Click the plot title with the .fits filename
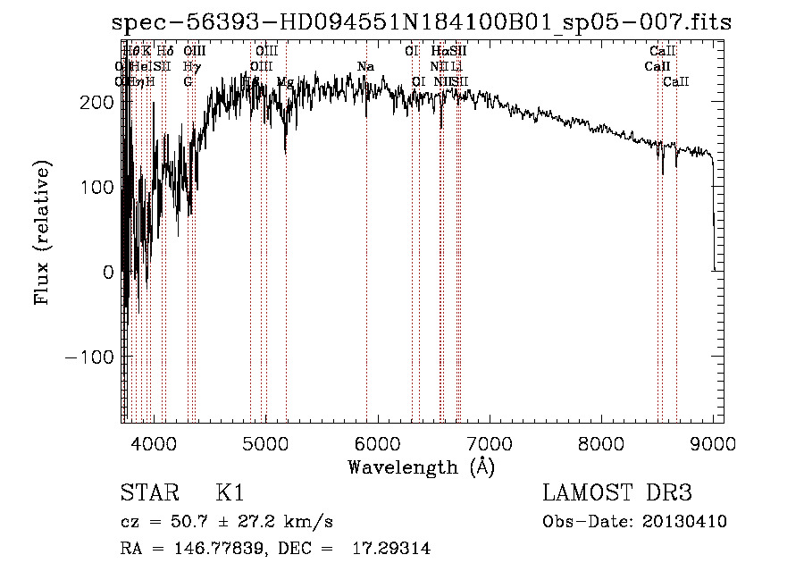coord(422,22)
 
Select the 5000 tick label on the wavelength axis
coord(265,443)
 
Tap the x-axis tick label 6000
coord(377,443)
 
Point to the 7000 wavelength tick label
coord(490,443)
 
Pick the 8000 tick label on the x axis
coord(601,443)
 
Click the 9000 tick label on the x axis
coord(713,443)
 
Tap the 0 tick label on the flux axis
coord(109,272)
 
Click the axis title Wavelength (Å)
coord(421,467)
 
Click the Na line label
coord(365,67)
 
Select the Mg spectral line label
coord(285,82)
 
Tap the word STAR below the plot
coord(147,493)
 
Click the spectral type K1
coord(229,493)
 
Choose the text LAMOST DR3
coord(617,493)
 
